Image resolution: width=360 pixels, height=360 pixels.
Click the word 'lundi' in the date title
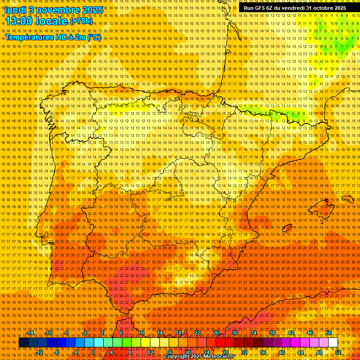(15, 9)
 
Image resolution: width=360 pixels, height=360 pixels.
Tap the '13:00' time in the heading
(19, 21)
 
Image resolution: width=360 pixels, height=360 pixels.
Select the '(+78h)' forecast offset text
(81, 21)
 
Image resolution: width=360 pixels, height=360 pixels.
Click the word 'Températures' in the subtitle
(29, 37)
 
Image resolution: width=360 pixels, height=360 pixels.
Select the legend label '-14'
(31, 333)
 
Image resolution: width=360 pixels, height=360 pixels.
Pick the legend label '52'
(338, 352)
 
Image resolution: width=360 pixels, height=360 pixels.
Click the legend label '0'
(93, 352)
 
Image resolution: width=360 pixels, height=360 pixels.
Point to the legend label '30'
(234, 333)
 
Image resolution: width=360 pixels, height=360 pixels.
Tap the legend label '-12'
(40, 352)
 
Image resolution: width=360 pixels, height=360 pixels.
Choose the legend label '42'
(291, 333)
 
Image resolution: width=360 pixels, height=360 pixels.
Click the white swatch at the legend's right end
(333, 343)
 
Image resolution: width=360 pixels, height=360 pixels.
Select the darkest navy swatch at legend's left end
(23, 343)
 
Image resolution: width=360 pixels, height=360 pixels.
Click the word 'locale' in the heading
(52, 21)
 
